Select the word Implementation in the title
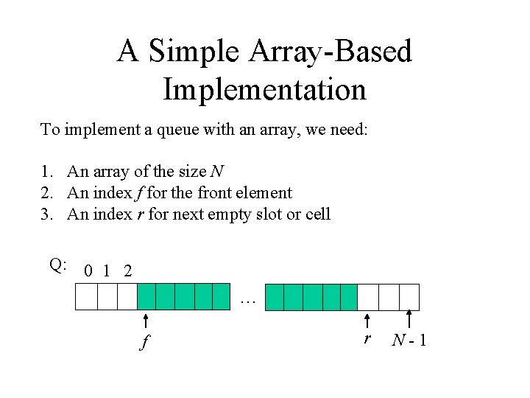coord(264,89)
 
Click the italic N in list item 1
coord(217,172)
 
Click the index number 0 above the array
coord(88,270)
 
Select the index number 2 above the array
coord(128,270)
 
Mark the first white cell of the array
coord(86,296)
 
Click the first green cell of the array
coord(146,296)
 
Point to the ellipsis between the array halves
coord(247,299)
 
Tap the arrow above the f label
coord(146,321)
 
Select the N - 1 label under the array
coord(410,341)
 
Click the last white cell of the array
coord(409,296)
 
